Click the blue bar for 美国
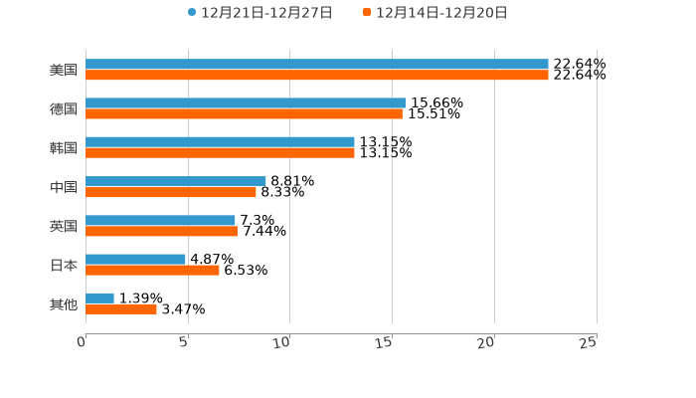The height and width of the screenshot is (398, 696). pyautogui.click(x=316, y=65)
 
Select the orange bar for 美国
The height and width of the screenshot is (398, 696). pyautogui.click(x=316, y=76)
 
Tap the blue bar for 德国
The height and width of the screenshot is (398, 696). pyautogui.click(x=245, y=103)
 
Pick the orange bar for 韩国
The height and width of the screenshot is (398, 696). pyautogui.click(x=220, y=153)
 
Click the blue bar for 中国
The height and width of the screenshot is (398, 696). pyautogui.click(x=175, y=181)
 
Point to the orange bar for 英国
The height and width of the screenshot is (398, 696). pyautogui.click(x=161, y=232)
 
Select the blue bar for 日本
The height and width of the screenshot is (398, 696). pyautogui.click(x=135, y=260)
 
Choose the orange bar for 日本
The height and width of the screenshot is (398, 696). pyautogui.click(x=152, y=271)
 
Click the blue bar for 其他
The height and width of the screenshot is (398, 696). pyautogui.click(x=99, y=298)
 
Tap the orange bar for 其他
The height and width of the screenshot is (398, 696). pyautogui.click(x=121, y=309)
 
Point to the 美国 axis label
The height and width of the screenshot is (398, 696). pyautogui.click(x=64, y=71)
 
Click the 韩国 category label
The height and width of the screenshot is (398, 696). pyautogui.click(x=64, y=148)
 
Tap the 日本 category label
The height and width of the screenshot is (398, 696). pyautogui.click(x=64, y=266)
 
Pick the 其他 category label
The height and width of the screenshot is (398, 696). pyautogui.click(x=64, y=304)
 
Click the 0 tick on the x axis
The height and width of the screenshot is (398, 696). pyautogui.click(x=83, y=343)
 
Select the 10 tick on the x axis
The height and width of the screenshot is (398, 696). pyautogui.click(x=283, y=343)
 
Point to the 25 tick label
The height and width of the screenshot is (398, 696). pyautogui.click(x=589, y=343)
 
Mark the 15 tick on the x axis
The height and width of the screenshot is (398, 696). pyautogui.click(x=386, y=343)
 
